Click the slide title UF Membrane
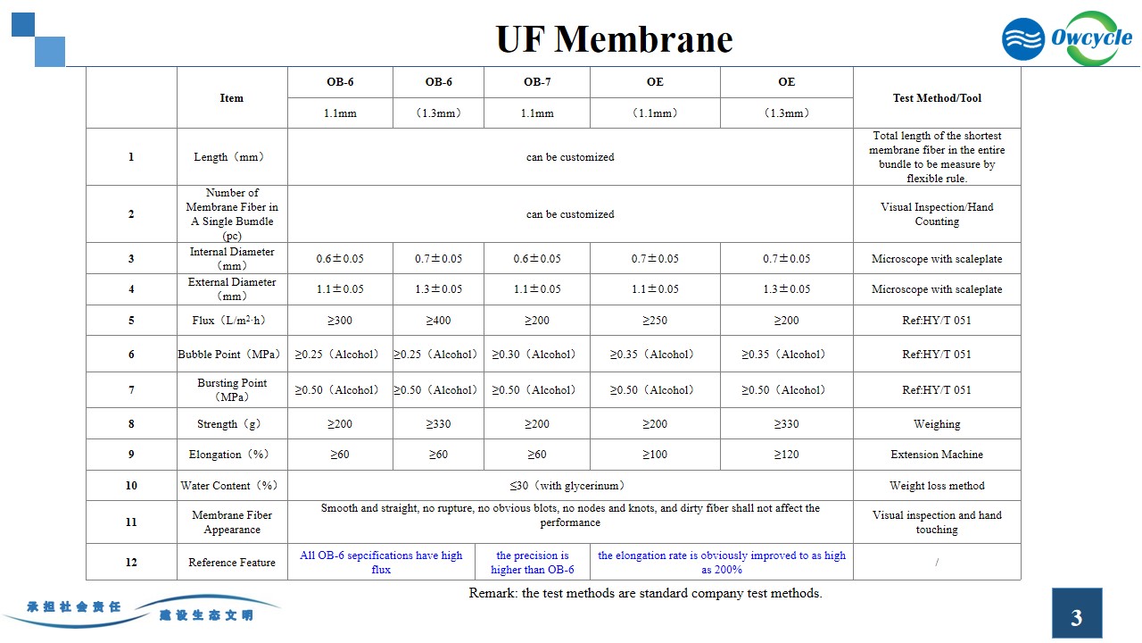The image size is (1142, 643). click(614, 39)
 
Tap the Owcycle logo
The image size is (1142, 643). click(1067, 38)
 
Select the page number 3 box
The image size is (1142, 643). click(1077, 615)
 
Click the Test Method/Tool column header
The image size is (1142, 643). click(937, 98)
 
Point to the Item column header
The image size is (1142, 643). click(232, 98)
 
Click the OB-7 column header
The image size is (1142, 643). click(537, 82)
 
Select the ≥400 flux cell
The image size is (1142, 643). click(438, 321)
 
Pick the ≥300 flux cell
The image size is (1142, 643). click(340, 321)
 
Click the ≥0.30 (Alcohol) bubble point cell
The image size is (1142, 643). click(536, 355)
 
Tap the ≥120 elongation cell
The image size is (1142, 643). click(786, 455)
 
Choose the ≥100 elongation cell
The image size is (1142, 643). click(655, 455)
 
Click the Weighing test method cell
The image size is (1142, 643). click(937, 424)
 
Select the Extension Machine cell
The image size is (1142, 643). click(937, 455)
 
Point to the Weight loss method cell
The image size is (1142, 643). click(937, 486)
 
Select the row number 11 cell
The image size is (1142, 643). click(131, 522)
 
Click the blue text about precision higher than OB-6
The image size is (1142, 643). click(533, 563)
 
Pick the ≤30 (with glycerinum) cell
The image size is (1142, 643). click(570, 486)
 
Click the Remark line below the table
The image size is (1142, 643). click(645, 593)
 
